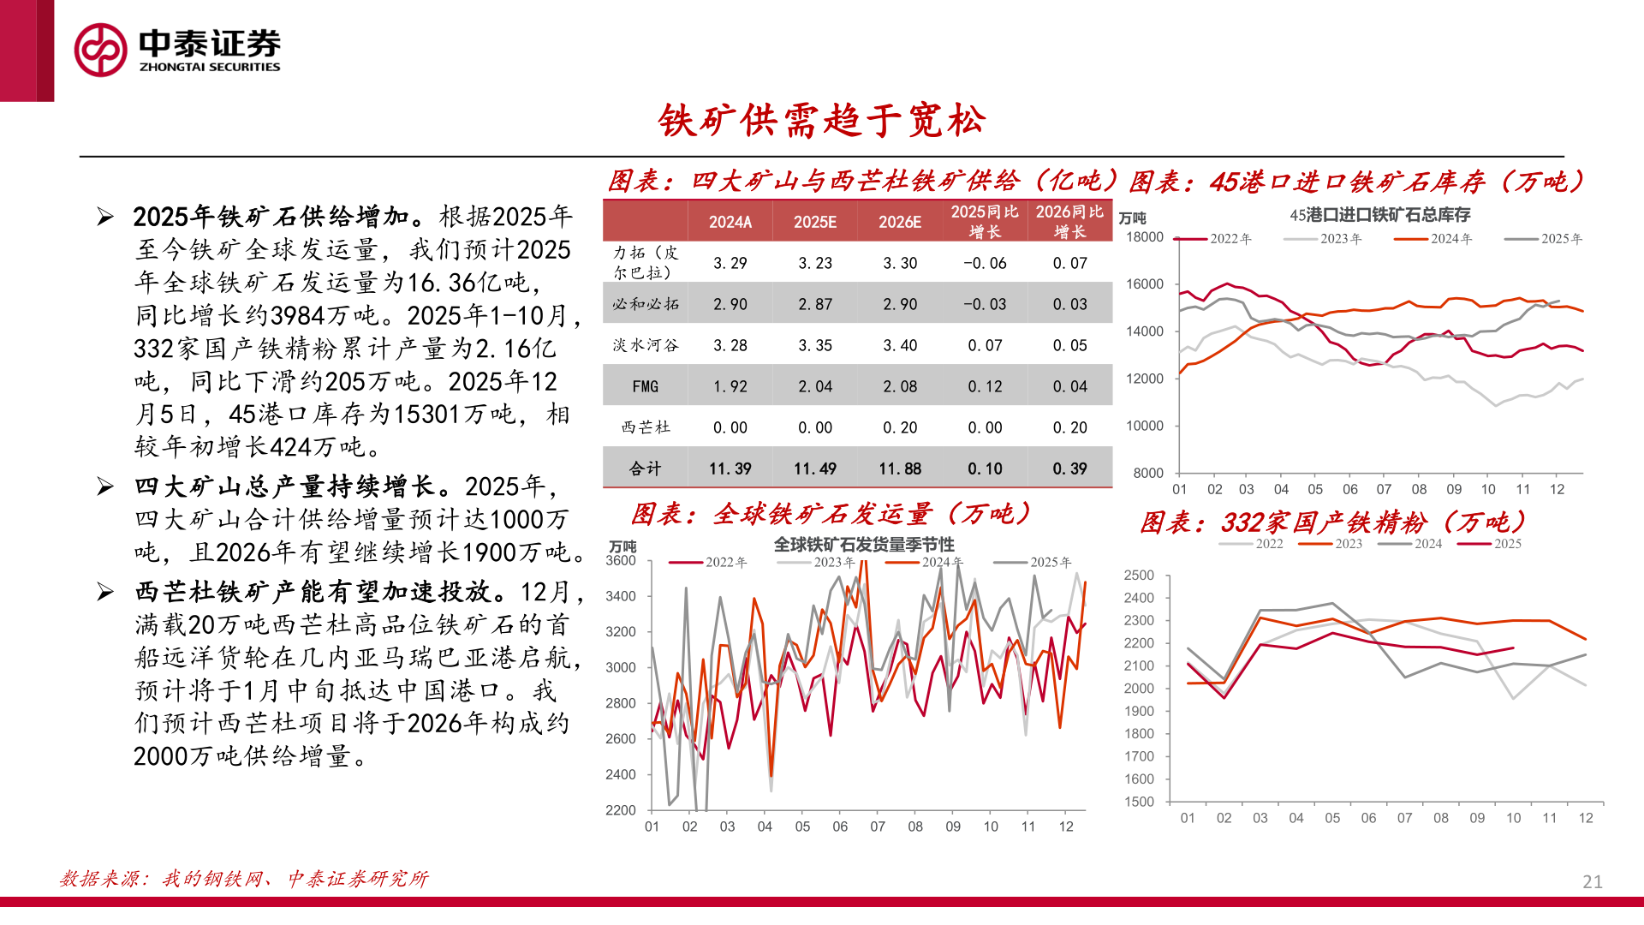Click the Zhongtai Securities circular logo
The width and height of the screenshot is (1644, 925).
[101, 50]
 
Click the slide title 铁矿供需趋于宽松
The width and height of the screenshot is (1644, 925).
[821, 121]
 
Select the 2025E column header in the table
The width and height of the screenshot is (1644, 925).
[814, 222]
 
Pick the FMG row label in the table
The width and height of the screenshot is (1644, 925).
[645, 386]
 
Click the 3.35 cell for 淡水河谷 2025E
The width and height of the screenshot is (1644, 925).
[814, 345]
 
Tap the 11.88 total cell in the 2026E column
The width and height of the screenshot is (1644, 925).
[899, 468]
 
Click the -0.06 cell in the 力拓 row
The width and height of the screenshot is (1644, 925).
[984, 263]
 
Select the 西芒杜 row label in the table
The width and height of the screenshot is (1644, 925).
[645, 427]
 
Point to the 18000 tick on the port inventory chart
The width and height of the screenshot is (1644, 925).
[1145, 237]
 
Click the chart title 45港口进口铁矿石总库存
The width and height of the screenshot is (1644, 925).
[1379, 215]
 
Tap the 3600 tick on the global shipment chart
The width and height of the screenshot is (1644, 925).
[621, 561]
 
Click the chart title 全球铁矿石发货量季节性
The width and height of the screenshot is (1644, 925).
[863, 545]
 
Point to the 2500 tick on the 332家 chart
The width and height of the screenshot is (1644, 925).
[1139, 576]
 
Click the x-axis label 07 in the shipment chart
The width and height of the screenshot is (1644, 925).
[878, 827]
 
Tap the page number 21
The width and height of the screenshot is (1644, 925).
[1592, 881]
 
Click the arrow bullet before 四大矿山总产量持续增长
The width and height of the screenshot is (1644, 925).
[105, 486]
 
